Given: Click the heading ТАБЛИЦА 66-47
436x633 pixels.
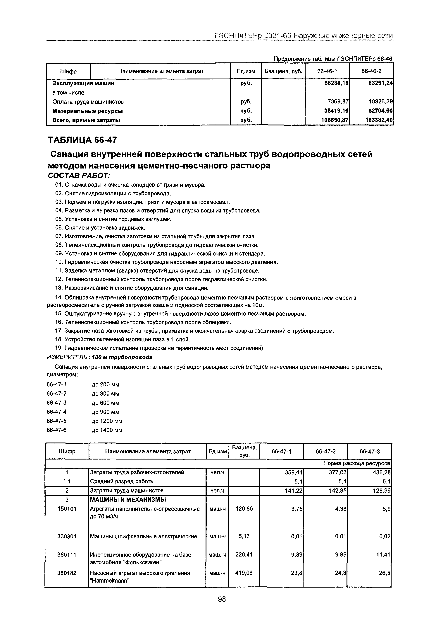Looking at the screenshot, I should click(x=82, y=140).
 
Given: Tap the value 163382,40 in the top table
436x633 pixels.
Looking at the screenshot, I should click(x=379, y=120).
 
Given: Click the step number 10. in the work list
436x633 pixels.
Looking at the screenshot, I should click(x=59, y=262).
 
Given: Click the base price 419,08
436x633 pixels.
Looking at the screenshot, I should click(x=244, y=573).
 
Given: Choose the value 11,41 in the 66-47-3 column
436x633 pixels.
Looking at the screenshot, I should click(x=383, y=555).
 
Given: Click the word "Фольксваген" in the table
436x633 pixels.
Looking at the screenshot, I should click(x=143, y=562).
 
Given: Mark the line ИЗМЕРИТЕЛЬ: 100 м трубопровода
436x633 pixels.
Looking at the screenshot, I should click(x=100, y=357).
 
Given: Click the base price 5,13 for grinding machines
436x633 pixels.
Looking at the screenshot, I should click(x=244, y=536).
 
